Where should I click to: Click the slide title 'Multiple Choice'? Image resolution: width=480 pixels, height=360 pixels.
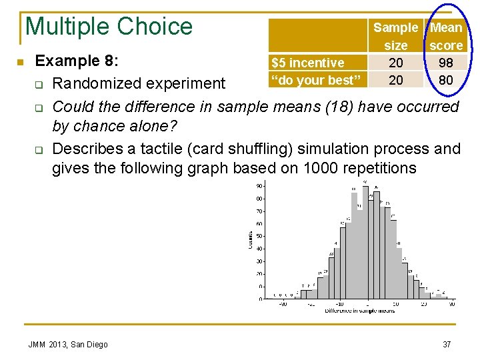109,27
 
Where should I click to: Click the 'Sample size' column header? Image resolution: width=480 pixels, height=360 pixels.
395,36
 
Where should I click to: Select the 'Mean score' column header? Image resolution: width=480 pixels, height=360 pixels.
446,36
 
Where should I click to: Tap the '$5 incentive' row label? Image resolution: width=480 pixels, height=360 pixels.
307,63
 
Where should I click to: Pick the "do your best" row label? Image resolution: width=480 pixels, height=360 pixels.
316,80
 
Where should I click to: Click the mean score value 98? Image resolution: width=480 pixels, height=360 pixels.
446,63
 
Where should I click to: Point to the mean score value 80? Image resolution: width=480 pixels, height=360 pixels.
446,80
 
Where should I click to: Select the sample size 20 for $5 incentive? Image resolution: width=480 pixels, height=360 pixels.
395,63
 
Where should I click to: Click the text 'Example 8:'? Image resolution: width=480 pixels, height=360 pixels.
77,61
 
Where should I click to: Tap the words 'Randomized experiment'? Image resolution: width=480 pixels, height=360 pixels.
139,83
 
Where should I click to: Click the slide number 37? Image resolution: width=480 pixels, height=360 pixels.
446,344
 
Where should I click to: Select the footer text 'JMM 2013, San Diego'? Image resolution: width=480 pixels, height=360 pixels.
68,344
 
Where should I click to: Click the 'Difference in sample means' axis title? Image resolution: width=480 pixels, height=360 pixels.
359,311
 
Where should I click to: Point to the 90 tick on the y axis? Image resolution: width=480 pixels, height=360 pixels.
259,186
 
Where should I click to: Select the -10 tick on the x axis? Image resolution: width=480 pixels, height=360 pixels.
339,304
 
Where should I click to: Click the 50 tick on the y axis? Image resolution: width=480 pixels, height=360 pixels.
259,236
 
